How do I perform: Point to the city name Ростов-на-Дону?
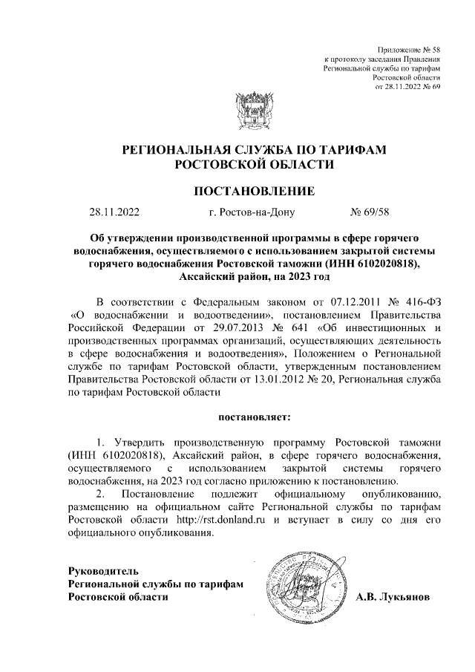point(252,213)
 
